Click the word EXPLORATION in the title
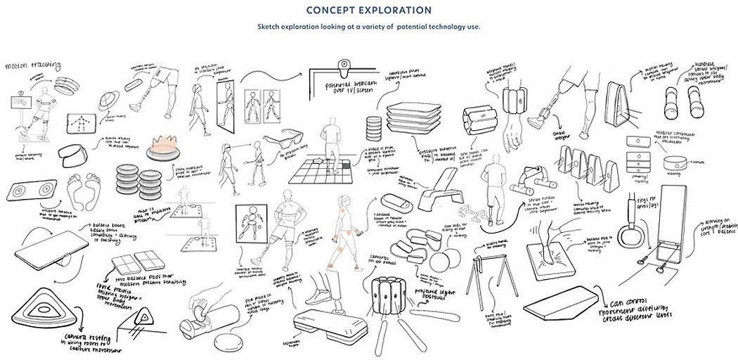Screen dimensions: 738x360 398,11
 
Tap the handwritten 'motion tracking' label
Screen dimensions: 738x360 26,68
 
